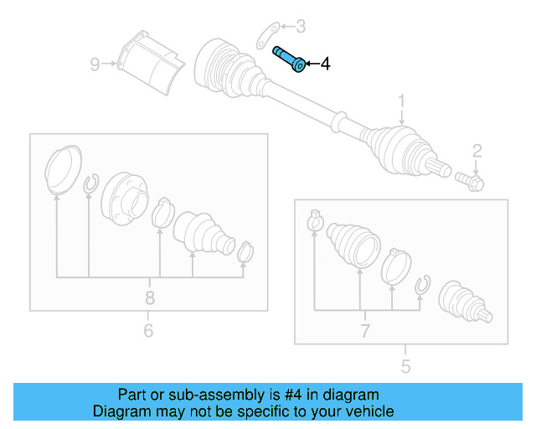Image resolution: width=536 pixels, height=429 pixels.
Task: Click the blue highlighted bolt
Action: pos(289,59)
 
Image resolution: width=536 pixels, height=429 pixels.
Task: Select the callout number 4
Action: pos(325,64)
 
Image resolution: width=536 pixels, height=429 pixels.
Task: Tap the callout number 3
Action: pos(301,27)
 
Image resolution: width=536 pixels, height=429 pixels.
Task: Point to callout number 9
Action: pos(95,63)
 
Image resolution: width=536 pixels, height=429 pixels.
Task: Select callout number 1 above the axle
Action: pos(401,101)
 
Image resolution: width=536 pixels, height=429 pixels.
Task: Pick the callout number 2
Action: pos(477,151)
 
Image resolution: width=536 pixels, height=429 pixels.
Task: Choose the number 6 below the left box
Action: pos(148,331)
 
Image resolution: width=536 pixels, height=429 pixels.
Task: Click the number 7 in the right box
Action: pos(364,331)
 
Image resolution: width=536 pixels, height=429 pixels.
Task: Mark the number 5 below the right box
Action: pos(405,366)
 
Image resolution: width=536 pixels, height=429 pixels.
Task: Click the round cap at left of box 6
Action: pos(62,170)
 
